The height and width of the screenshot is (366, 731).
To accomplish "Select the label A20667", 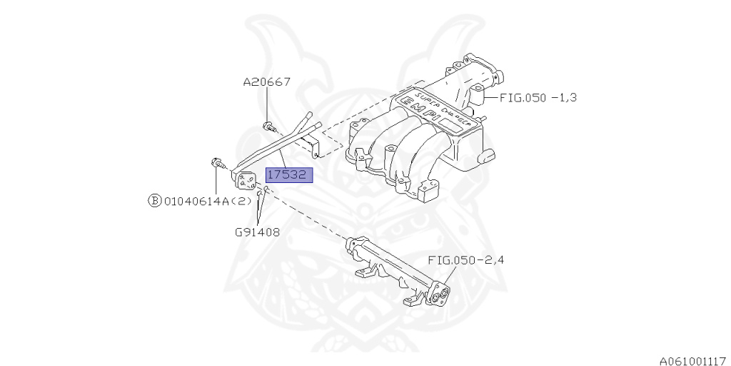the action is tap(266, 82).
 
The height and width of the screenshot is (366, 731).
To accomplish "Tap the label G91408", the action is tap(256, 232).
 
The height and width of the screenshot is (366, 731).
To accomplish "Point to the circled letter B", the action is tap(155, 202).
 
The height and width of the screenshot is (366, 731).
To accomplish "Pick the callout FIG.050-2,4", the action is tap(466, 260).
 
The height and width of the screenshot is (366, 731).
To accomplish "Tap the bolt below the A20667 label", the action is tap(268, 128).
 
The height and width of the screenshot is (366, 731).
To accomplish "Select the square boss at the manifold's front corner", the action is tap(429, 191).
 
